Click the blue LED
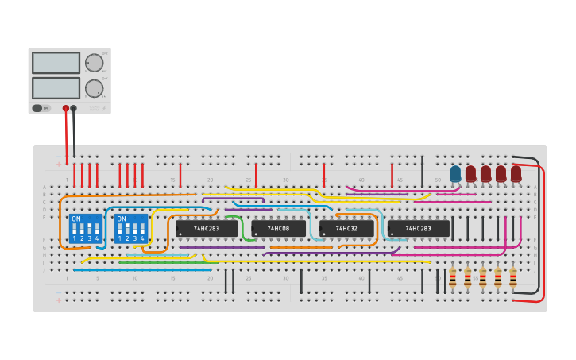[x=455, y=173]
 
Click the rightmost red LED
[x=516, y=173]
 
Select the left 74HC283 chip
[x=207, y=229]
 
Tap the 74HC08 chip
[x=278, y=229]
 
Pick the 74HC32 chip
[x=346, y=229]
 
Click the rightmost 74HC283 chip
[x=418, y=229]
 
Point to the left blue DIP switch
[x=86, y=228]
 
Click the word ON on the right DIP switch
[x=122, y=219]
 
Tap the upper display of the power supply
[x=56, y=63]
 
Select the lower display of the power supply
[x=56, y=87]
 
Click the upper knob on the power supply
[x=94, y=63]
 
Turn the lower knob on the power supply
[x=94, y=88]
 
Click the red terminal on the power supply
[x=66, y=108]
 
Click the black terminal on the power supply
[x=74, y=108]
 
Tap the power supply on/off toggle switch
[x=37, y=108]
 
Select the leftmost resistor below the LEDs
[x=452, y=277]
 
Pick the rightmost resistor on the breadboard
[x=513, y=277]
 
